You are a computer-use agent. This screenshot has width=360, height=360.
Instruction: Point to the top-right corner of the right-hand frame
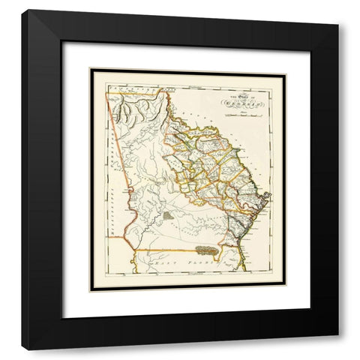tap(338, 23)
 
